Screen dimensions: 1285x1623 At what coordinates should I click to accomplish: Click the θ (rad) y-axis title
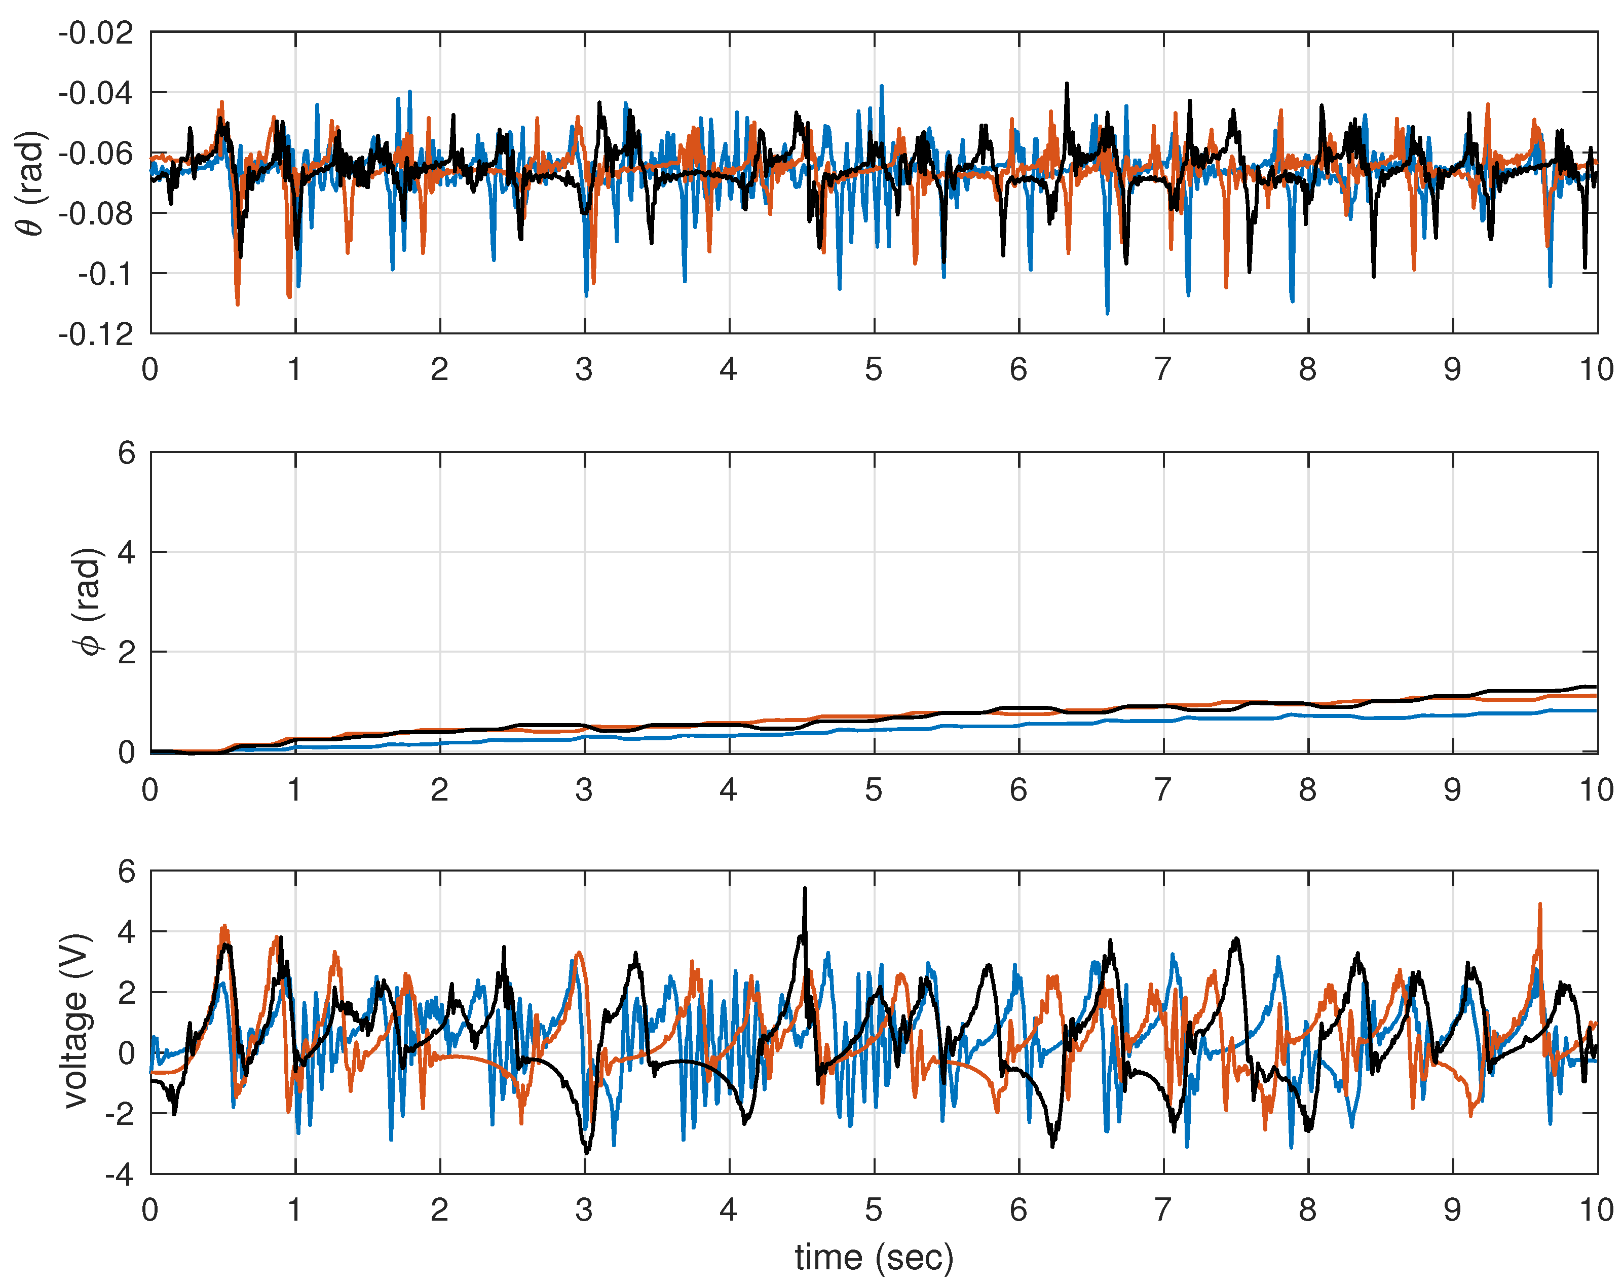pos(31,183)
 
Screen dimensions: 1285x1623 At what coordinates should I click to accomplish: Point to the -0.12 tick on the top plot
pos(96,334)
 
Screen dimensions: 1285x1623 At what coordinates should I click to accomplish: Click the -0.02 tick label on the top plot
pos(96,33)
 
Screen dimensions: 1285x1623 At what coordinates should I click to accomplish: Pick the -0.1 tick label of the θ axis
pos(105,274)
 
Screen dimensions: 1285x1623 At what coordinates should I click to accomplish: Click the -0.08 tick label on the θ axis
pos(96,214)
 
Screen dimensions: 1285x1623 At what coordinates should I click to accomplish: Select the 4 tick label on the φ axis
pos(126,552)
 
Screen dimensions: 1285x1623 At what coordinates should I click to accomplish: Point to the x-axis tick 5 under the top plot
pos(873,369)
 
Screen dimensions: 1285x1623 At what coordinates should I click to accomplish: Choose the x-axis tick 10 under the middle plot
pos(1595,790)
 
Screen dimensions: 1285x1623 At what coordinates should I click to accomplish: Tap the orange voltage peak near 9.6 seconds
pos(1539,905)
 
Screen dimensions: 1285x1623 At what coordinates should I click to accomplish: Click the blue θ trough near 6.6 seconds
pos(1107,312)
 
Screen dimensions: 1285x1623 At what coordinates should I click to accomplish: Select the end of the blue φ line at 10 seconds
pos(1595,710)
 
